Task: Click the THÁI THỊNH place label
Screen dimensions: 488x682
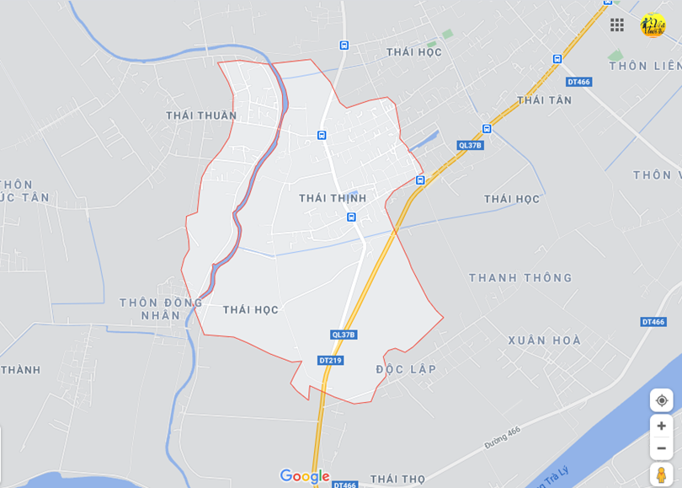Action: click(333, 198)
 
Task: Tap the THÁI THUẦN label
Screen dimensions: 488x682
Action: click(201, 115)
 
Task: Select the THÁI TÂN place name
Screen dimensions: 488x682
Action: click(544, 100)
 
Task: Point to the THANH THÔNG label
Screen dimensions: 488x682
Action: click(520, 277)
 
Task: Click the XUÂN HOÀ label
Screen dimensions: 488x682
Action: click(544, 341)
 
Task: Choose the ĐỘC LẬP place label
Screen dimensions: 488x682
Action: click(406, 369)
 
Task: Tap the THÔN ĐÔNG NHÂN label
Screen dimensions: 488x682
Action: click(161, 308)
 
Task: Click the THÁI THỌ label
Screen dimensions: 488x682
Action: click(397, 479)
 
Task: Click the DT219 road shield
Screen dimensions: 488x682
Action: click(330, 360)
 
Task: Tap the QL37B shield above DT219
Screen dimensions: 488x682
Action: click(344, 335)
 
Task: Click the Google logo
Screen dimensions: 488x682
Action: click(304, 476)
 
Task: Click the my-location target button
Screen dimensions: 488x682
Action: click(662, 400)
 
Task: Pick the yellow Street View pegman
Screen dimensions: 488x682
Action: click(662, 475)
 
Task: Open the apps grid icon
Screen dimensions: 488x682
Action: click(617, 25)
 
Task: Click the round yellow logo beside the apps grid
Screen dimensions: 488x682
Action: click(653, 25)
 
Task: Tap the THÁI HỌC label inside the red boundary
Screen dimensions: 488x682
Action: click(251, 310)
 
